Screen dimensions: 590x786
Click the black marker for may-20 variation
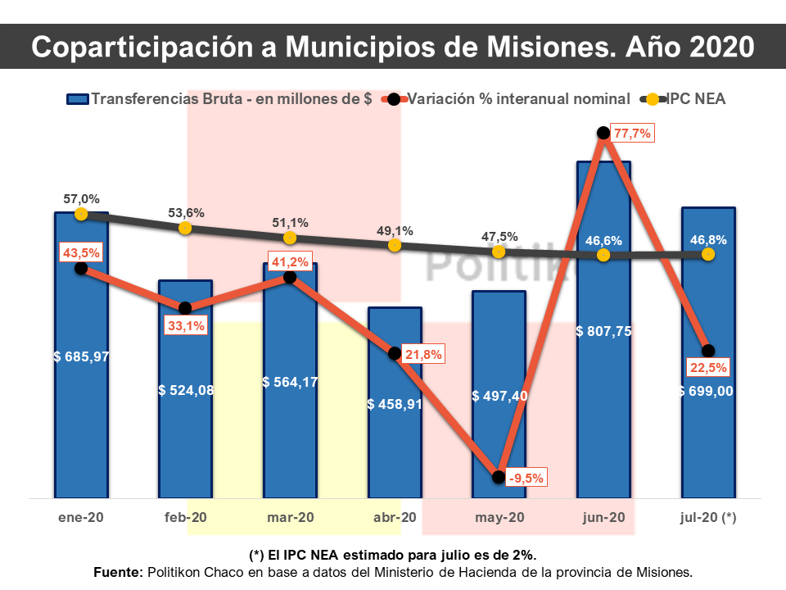pyautogui.click(x=499, y=477)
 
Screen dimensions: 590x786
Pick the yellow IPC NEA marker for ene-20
pyautogui.click(x=81, y=214)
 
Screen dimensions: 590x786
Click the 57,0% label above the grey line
pyautogui.click(x=81, y=198)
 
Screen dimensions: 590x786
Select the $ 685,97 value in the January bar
pyautogui.click(x=81, y=356)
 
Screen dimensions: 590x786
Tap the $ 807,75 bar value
pyautogui.click(x=603, y=331)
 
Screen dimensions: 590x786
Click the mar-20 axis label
pyautogui.click(x=290, y=518)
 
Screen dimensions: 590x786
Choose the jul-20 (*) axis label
pyautogui.click(x=707, y=518)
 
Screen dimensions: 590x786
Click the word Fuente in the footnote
pyautogui.click(x=117, y=571)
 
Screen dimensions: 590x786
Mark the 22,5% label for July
pyautogui.click(x=708, y=366)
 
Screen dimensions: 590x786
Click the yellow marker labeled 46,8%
pyautogui.click(x=707, y=255)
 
